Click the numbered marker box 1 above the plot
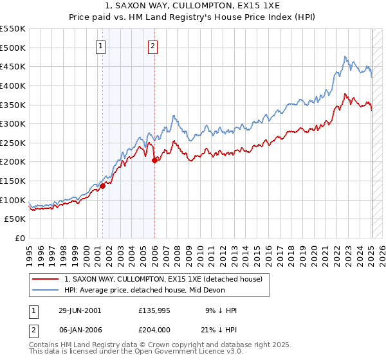click(102, 46)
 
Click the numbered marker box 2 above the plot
click(153, 46)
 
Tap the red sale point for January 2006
click(154, 161)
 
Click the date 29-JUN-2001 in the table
click(80, 310)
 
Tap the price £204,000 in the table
click(155, 331)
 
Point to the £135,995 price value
click(155, 310)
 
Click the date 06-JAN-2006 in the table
click(80, 331)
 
